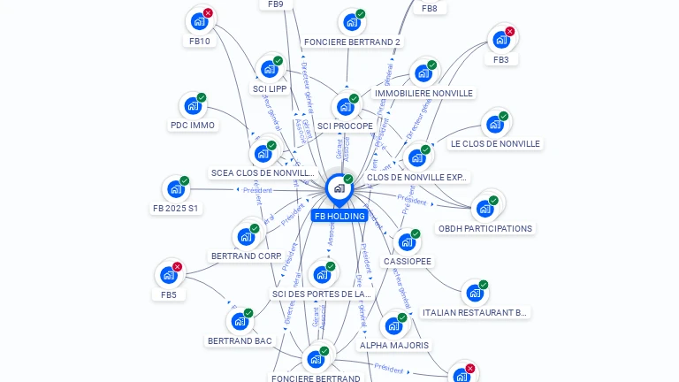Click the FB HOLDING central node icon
point(339,188)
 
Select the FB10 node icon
point(199,21)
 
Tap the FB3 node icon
point(501,40)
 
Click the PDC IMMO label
point(193,126)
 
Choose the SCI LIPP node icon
point(269,69)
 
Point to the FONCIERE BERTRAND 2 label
point(352,42)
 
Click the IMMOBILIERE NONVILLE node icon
point(423,73)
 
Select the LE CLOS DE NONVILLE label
point(495,143)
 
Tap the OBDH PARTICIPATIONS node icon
point(484,209)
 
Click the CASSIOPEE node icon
point(407,241)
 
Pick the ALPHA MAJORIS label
point(394,345)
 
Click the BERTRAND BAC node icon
point(240,321)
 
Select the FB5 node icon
point(169,275)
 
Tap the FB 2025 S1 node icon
point(176,189)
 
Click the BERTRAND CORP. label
point(246,256)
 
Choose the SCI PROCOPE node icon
point(345,107)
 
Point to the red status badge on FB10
point(208,13)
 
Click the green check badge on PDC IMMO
point(202,98)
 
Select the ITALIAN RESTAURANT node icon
point(475,293)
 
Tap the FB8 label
point(430,8)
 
